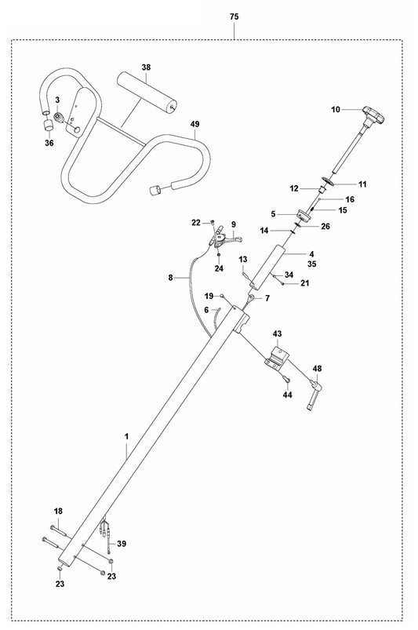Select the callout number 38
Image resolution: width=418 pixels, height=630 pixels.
tap(146, 68)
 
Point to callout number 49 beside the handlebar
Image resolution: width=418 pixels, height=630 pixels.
tap(194, 124)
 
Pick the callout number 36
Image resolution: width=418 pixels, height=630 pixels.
tap(50, 143)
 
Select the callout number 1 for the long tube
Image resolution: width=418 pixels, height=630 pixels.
tap(125, 434)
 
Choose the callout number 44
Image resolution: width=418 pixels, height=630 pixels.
tap(287, 395)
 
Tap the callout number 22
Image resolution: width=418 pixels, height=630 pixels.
tap(195, 223)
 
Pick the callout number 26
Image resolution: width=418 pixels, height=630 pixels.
tap(325, 227)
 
